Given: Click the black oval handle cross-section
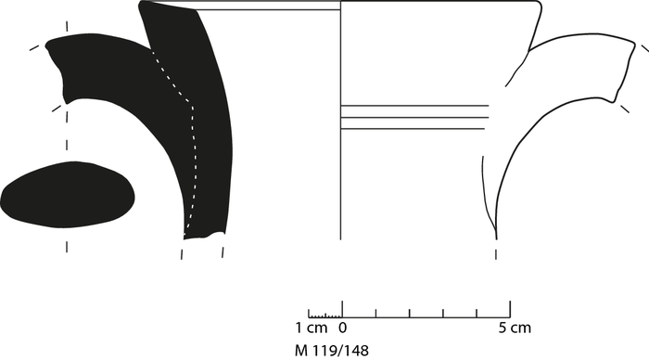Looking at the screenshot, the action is point(68,195).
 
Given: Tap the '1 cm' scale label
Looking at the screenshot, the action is point(311,328).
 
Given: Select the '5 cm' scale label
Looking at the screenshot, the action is point(515,328).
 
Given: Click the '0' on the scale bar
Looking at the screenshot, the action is point(343,328).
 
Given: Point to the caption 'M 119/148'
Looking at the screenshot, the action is point(332,351).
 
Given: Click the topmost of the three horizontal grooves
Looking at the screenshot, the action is point(414,106).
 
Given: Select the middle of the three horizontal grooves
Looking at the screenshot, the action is point(414,118).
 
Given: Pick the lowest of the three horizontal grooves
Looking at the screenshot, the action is point(413,129).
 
